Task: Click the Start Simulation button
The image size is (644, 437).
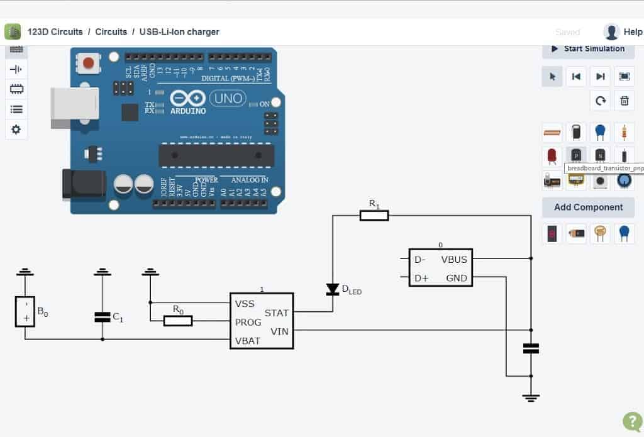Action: pyautogui.click(x=588, y=49)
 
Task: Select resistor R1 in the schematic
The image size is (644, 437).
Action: pyautogui.click(x=374, y=215)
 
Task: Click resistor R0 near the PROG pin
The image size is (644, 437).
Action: pyautogui.click(x=177, y=321)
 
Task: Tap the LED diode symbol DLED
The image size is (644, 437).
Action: pyautogui.click(x=333, y=290)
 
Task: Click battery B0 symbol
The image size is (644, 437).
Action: pyautogui.click(x=25, y=311)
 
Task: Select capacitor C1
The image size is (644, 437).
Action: pyautogui.click(x=102, y=317)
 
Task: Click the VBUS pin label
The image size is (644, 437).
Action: pyautogui.click(x=454, y=259)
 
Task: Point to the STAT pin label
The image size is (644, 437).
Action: pyautogui.click(x=277, y=313)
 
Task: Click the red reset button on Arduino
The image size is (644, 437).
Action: pyautogui.click(x=89, y=63)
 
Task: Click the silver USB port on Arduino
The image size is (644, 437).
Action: pyautogui.click(x=74, y=108)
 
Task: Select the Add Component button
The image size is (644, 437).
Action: pyautogui.click(x=588, y=207)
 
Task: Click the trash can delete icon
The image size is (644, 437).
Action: pyautogui.click(x=624, y=101)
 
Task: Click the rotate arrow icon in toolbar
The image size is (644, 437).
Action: pyautogui.click(x=600, y=101)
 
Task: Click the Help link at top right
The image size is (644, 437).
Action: pyautogui.click(x=633, y=32)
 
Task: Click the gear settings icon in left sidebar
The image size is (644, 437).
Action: pyautogui.click(x=16, y=130)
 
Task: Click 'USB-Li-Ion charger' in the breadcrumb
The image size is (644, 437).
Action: pyautogui.click(x=179, y=32)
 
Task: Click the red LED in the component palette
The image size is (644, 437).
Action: pyautogui.click(x=552, y=155)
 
